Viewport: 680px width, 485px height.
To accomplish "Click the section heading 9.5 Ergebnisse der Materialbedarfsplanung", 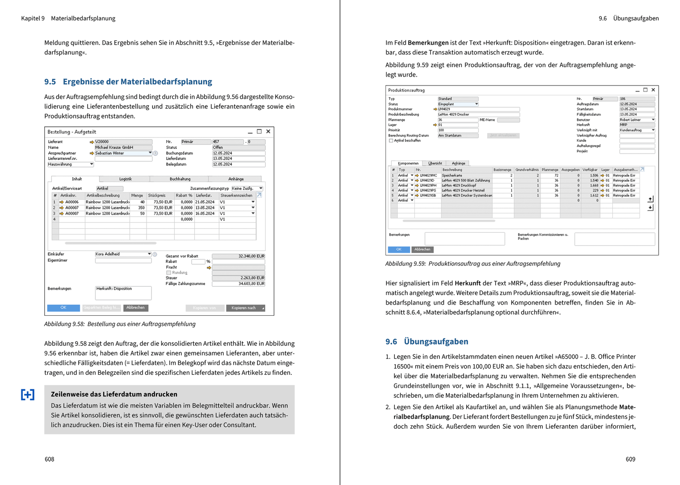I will (x=128, y=82).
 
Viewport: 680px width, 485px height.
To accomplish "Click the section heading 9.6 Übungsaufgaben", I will (x=427, y=342).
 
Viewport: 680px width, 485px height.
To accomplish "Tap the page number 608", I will (x=49, y=459).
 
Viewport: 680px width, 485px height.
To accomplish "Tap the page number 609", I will (x=630, y=459).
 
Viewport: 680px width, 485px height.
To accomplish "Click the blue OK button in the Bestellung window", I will (x=63, y=308).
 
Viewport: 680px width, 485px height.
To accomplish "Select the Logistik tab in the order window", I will (x=125, y=179).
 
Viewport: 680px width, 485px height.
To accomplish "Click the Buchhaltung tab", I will (x=180, y=179).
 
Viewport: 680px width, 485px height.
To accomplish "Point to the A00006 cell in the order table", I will (x=72, y=202).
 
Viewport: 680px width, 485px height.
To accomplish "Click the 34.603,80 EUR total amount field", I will (x=238, y=284).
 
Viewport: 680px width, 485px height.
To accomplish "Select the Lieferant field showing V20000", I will (x=123, y=142).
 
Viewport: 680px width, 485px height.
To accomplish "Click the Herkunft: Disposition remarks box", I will (x=123, y=293).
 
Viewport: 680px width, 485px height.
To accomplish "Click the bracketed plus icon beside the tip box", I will (x=28, y=395).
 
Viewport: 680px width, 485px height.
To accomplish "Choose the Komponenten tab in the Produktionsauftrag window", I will (x=408, y=163).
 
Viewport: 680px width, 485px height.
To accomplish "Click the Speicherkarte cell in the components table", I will (x=452, y=175).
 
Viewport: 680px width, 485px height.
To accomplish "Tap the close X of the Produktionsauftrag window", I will (x=653, y=90).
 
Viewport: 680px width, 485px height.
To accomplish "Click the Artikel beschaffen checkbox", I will (x=391, y=141).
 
